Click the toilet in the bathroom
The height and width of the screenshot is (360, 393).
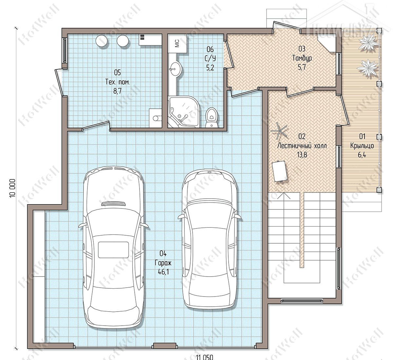(x=211, y=117)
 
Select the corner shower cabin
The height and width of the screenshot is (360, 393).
(x=184, y=112)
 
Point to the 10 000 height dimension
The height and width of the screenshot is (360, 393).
(x=12, y=188)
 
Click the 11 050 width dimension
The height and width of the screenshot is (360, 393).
(x=205, y=357)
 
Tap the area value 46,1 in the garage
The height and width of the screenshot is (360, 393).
(x=163, y=272)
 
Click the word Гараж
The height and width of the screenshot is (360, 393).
(x=163, y=263)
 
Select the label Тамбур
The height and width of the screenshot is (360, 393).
(x=302, y=58)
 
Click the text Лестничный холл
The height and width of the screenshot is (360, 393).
(x=302, y=146)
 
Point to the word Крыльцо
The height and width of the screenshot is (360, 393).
(x=362, y=146)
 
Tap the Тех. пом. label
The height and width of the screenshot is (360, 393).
(x=118, y=82)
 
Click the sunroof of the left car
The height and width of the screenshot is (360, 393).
(x=113, y=250)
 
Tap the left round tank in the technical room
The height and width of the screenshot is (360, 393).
(x=102, y=41)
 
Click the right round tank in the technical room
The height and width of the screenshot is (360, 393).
(x=122, y=41)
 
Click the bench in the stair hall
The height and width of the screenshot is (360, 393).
(x=280, y=171)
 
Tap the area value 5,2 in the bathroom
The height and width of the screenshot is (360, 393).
(x=210, y=67)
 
